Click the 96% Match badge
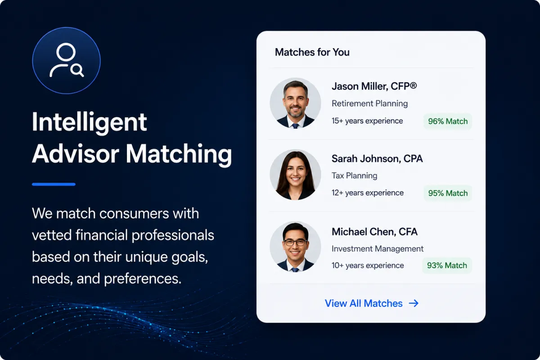click(448, 121)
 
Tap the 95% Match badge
click(448, 193)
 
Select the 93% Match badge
click(447, 265)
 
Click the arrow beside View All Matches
click(414, 303)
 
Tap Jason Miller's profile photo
click(295, 103)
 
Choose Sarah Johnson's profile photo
click(295, 175)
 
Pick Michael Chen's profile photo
click(295, 247)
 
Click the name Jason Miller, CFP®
click(374, 86)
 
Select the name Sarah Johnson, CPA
click(377, 159)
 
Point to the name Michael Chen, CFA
click(374, 232)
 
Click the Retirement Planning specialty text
click(369, 103)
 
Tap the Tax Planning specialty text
click(355, 175)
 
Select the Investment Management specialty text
click(378, 248)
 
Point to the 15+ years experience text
click(367, 121)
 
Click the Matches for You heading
click(312, 52)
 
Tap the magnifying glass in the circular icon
click(77, 70)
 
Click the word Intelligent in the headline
click(89, 122)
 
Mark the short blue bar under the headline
click(54, 184)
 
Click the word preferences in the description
click(143, 279)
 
